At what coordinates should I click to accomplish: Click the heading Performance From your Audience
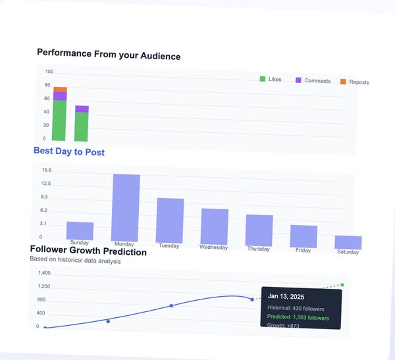[108, 55]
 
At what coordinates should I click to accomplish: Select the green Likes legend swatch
[263, 79]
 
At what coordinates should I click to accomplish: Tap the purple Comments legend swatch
[298, 80]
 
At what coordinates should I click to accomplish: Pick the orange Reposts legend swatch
[342, 82]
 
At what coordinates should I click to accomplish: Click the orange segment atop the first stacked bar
[60, 89]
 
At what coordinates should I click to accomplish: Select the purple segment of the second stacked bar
[82, 109]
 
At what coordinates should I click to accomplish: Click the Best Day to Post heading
[69, 152]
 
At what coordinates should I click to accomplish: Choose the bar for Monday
[126, 207]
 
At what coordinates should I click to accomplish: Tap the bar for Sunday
[80, 231]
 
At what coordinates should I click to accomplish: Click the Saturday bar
[348, 242]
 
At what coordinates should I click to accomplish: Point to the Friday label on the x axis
[303, 250]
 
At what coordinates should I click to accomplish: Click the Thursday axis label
[259, 249]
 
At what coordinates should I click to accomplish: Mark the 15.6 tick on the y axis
[46, 170]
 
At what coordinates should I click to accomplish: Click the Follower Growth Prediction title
[88, 251]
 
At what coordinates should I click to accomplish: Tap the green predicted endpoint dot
[342, 285]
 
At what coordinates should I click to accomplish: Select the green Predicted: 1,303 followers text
[298, 317]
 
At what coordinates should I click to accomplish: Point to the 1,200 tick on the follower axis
[43, 286]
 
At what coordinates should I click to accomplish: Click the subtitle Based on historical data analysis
[75, 261]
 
